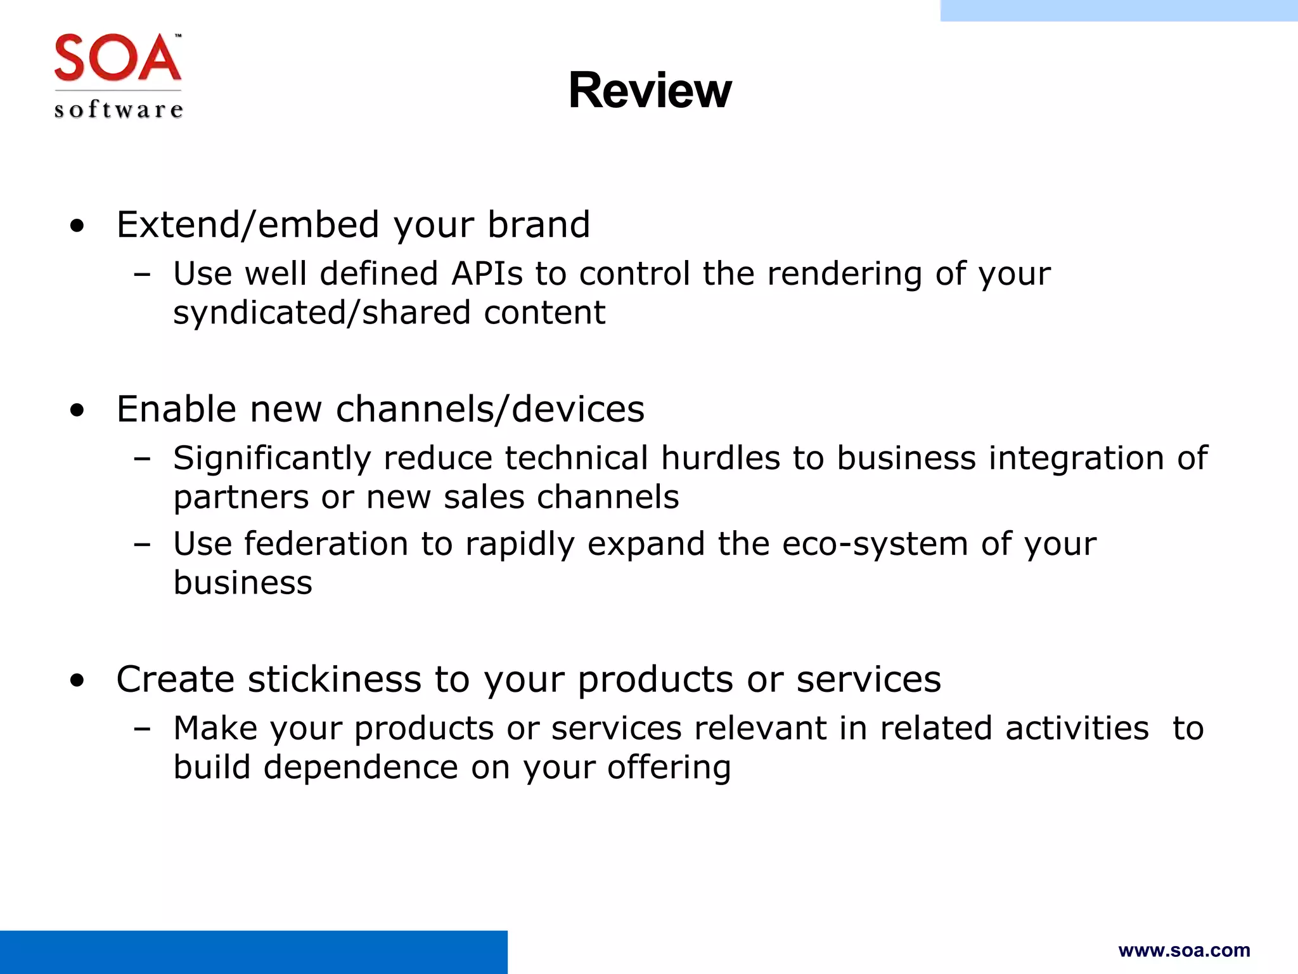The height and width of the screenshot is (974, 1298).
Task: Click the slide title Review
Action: click(x=650, y=90)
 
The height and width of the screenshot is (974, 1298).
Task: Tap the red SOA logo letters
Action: click(x=118, y=58)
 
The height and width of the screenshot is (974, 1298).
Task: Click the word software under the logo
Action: click(x=119, y=110)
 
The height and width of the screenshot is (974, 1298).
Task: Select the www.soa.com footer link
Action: click(x=1184, y=950)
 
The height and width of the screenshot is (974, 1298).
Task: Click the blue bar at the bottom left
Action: click(x=254, y=952)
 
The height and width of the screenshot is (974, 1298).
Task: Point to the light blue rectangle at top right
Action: click(x=1119, y=10)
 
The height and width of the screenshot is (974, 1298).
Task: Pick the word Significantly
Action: click(x=271, y=458)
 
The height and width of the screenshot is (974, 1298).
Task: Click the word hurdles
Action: click(x=720, y=458)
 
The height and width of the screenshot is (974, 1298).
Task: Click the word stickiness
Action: click(x=334, y=679)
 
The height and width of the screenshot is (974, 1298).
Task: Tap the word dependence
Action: click(x=360, y=767)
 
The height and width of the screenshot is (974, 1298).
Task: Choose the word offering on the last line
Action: click(x=669, y=767)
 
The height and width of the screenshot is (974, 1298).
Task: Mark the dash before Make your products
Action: click(x=143, y=729)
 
